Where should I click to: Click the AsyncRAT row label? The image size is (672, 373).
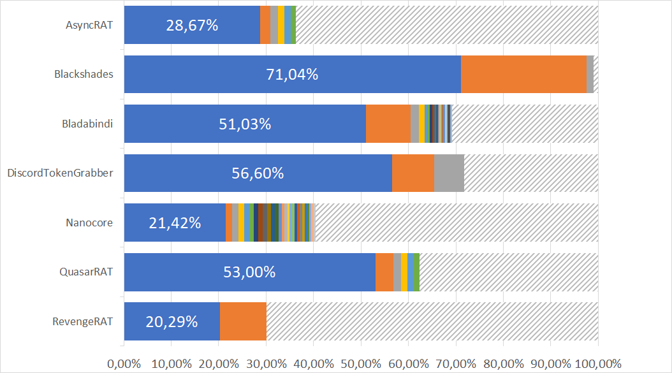[89, 26]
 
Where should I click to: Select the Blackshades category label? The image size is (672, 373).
[84, 74]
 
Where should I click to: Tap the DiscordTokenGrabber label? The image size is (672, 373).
[59, 173]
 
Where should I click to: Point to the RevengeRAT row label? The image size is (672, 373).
[82, 321]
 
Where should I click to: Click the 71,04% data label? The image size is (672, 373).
[292, 75]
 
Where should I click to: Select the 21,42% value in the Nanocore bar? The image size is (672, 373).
[175, 223]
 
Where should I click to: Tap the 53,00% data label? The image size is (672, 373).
[249, 272]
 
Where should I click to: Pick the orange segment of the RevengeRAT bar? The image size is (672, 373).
[243, 321]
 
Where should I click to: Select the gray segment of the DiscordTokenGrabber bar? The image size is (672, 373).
[449, 173]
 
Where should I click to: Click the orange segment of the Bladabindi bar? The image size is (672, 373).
[388, 124]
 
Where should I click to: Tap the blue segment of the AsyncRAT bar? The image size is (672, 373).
[191, 26]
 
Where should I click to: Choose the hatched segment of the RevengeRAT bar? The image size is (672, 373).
[432, 321]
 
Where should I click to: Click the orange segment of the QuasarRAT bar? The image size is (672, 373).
[384, 272]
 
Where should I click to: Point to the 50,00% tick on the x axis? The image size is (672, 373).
[361, 363]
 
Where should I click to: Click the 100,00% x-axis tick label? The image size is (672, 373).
[597, 363]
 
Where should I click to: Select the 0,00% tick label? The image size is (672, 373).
[124, 363]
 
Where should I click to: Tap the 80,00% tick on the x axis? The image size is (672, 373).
[503, 363]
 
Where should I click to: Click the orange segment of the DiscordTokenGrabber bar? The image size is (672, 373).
[413, 173]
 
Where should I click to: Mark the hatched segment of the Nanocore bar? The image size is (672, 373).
[457, 223]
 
